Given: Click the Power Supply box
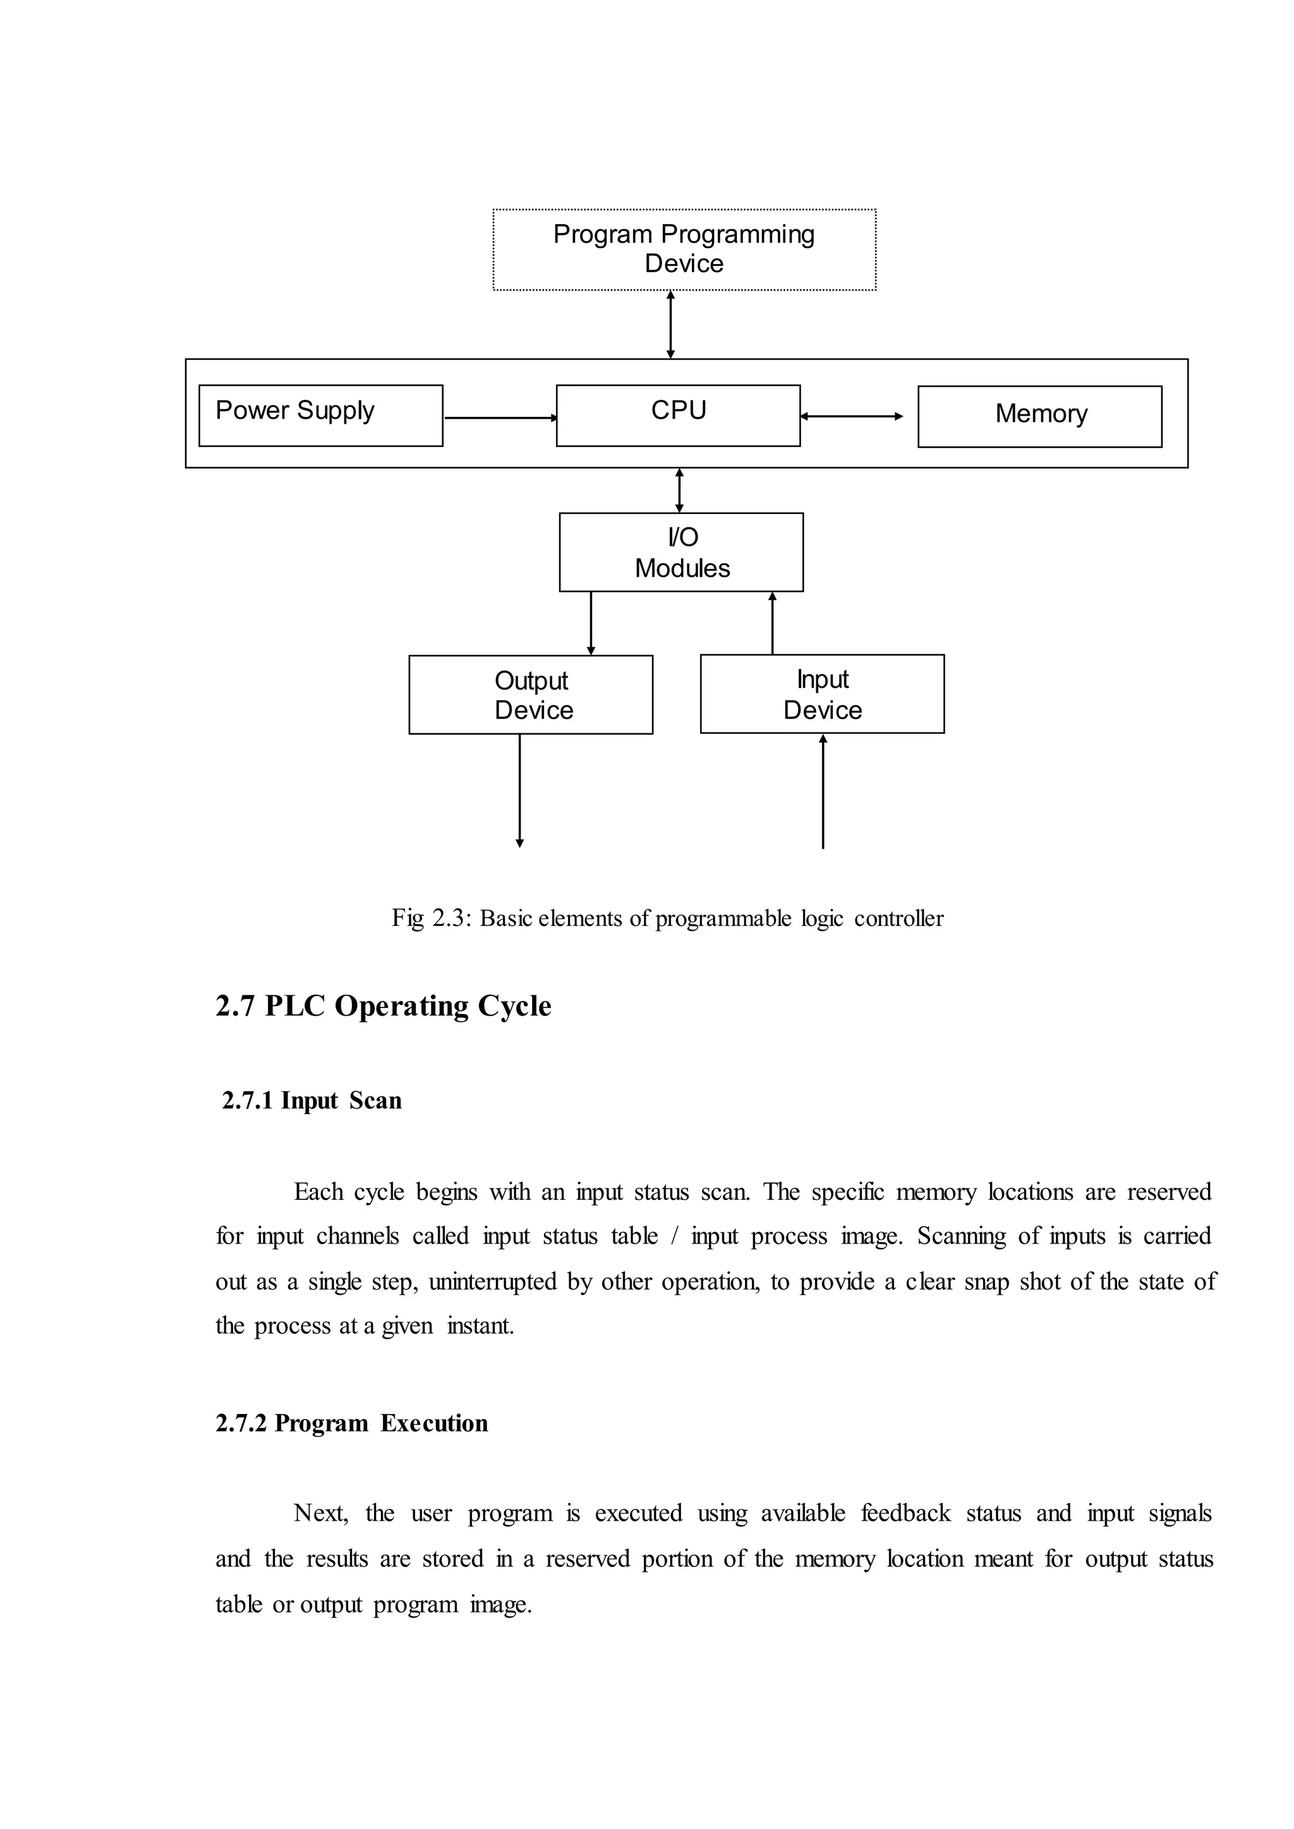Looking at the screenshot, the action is [320, 415].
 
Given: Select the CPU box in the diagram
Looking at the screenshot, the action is [678, 415].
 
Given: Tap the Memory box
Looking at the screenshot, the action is [1040, 416].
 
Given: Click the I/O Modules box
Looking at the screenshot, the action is [681, 552].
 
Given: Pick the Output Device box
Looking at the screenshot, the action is [531, 694].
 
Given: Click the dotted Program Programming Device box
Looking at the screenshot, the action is [684, 249].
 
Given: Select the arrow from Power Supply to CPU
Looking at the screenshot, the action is [500, 417].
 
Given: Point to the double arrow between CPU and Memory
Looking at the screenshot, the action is [852, 416].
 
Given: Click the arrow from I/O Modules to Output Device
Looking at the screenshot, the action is [590, 623].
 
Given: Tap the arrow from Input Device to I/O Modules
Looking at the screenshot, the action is [772, 623].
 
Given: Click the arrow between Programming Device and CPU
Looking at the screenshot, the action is [670, 324].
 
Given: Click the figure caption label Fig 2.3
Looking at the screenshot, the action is [431, 918].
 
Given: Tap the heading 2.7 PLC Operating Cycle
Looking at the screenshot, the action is [384, 1006].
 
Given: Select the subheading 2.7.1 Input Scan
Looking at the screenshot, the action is [311, 1101].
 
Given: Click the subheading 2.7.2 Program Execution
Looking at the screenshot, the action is [351, 1424].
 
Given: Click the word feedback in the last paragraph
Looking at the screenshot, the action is [905, 1514].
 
